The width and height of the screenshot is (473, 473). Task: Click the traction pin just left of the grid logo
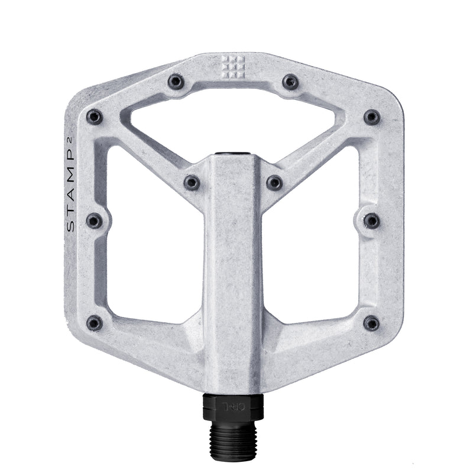[x=176, y=82]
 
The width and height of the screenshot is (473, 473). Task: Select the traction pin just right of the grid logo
[x=290, y=82]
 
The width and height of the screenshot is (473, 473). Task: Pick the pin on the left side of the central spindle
[x=192, y=183]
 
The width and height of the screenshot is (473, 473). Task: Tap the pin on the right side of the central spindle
[x=274, y=183]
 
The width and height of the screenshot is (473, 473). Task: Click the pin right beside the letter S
[x=94, y=221]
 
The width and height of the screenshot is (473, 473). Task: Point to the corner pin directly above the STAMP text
[x=94, y=117]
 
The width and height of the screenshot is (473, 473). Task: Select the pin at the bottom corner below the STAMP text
[x=94, y=323]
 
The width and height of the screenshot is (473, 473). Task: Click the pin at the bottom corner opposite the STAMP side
[x=371, y=323]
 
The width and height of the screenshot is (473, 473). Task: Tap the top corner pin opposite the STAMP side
[x=371, y=117]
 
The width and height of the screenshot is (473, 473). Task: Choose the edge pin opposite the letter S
[x=371, y=221]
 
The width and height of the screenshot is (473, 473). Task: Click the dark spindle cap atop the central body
[x=233, y=155]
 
